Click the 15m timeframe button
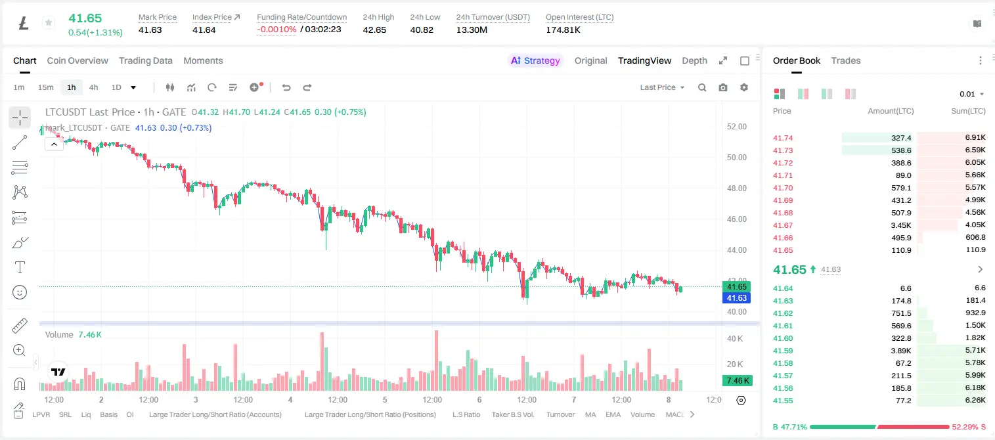click(45, 87)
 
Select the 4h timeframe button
click(93, 87)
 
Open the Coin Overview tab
click(77, 61)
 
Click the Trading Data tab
click(145, 61)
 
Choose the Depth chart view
click(694, 61)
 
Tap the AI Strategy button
click(535, 61)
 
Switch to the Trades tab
click(846, 61)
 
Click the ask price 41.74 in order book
click(783, 138)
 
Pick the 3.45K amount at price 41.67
click(901, 225)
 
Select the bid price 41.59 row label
click(783, 351)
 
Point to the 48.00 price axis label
click(736, 188)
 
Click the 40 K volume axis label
click(735, 339)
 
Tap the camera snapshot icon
click(723, 87)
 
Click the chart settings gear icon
click(744, 87)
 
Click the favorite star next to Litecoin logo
click(49, 22)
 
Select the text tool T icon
click(20, 267)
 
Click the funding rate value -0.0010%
click(276, 30)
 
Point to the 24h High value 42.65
click(374, 30)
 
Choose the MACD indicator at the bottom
click(674, 414)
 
